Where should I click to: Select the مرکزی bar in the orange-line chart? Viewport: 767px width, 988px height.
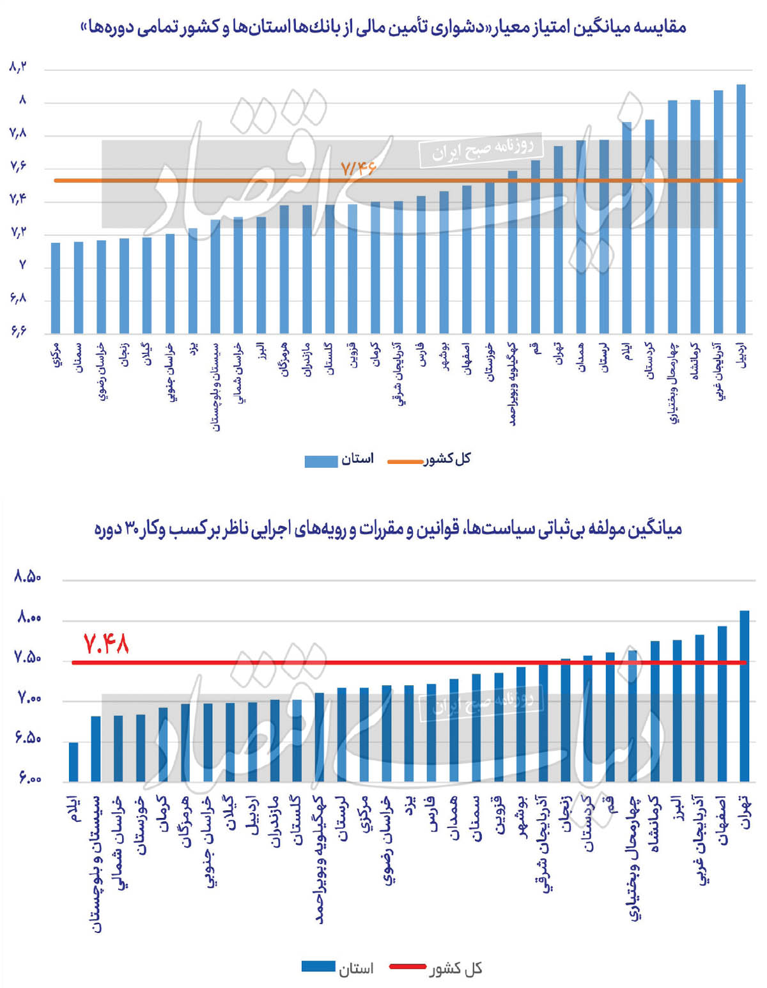56,288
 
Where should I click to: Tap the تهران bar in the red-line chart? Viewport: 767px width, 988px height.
744,696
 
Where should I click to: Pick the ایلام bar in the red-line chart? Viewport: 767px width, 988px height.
74,762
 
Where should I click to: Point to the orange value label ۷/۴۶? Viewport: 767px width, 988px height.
358,169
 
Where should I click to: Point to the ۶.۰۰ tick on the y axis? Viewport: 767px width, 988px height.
27,780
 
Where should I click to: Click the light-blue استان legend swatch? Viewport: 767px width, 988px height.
321,461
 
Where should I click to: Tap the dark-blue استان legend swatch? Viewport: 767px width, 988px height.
318,966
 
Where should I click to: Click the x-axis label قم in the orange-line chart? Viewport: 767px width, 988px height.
534,349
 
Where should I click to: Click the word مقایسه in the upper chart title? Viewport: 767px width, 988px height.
662,27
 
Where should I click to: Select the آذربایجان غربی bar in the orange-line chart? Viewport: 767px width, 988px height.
718,212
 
